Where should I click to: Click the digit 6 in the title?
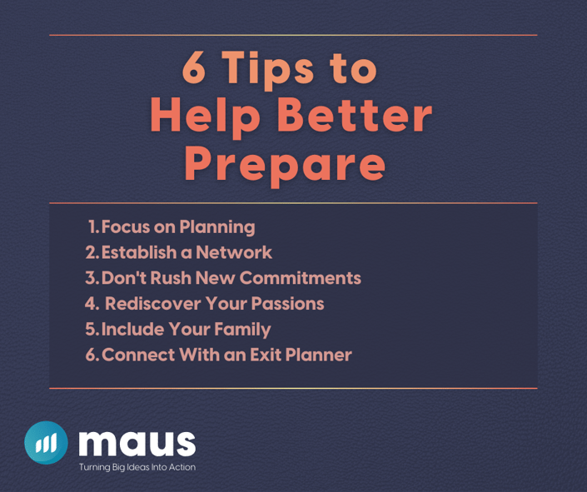pos(193,67)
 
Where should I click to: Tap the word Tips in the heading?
pos(267,71)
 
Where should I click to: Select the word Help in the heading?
pos(205,117)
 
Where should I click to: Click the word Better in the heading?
pos(355,114)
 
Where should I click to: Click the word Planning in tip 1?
pos(217,227)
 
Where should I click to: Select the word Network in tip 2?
pos(234,252)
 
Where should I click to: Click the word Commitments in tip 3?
pos(301,278)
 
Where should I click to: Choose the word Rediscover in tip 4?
pos(152,303)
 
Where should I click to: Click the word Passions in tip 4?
pos(287,303)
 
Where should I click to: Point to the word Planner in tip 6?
pos(319,355)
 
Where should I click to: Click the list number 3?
pos(90,278)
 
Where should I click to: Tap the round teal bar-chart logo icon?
pos(46,443)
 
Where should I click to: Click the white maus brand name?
pos(137,444)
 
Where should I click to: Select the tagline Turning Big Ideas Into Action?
pos(137,467)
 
